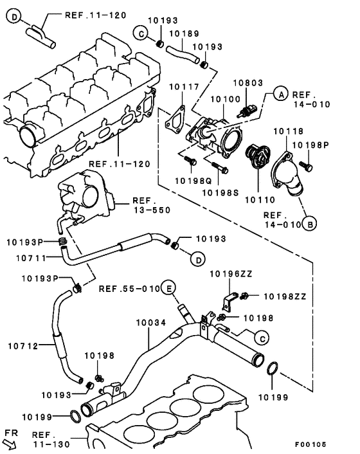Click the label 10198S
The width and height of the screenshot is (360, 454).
222,192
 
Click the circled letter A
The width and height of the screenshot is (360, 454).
280,94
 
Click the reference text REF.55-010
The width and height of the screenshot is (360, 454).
129,288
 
